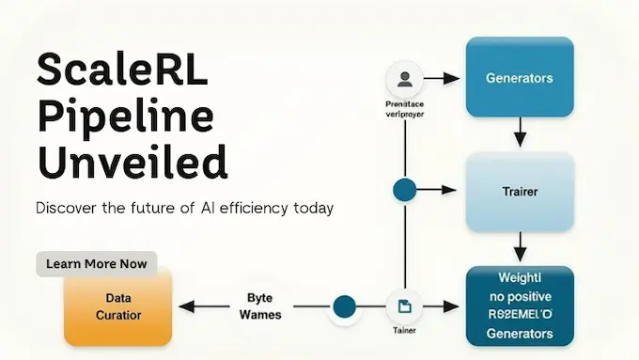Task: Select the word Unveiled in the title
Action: [x=132, y=162]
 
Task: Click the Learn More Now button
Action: [x=97, y=263]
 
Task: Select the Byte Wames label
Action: [x=260, y=306]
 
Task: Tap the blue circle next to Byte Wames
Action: [x=345, y=306]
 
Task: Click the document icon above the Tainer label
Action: [x=403, y=306]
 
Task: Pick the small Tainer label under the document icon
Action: [x=403, y=331]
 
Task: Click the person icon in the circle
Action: [x=404, y=78]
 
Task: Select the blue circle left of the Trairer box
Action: [x=404, y=191]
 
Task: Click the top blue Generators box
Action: [x=519, y=78]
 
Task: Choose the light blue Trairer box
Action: [x=519, y=192]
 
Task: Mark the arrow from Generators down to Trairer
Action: [x=519, y=137]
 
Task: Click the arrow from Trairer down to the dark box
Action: [x=519, y=249]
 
